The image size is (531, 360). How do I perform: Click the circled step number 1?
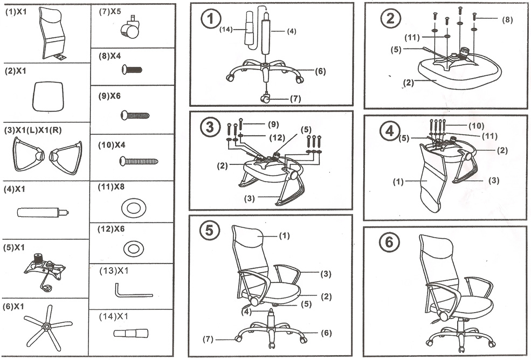tap(210, 20)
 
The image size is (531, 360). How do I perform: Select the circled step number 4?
tap(390, 131)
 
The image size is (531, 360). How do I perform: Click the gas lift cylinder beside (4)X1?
tap(43, 212)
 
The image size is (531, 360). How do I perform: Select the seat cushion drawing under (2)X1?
tap(48, 96)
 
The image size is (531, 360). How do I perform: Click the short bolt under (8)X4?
tap(132, 70)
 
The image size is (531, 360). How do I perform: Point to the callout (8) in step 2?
tap(507, 20)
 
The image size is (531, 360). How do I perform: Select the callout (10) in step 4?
tap(476, 126)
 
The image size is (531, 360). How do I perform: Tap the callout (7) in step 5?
tap(207, 340)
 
